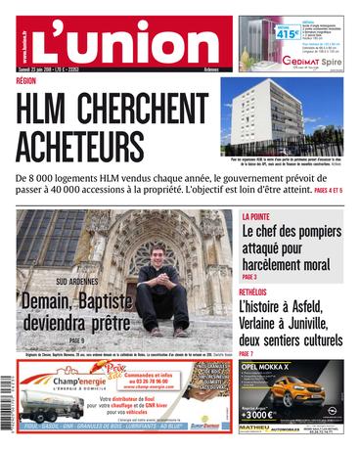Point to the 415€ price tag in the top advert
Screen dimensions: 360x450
257,33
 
